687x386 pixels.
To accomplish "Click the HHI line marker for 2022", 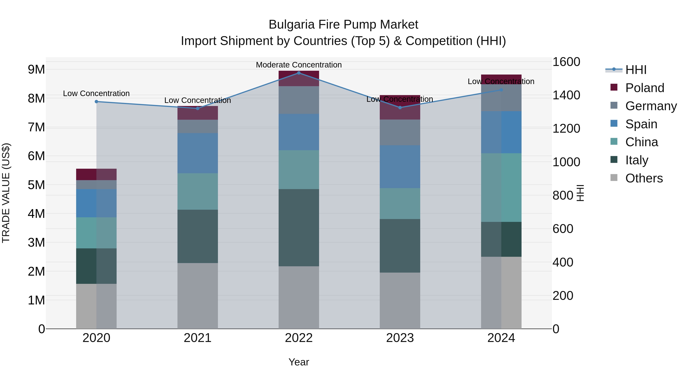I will [x=299, y=73].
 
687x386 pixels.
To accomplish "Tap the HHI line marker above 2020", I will [x=97, y=101].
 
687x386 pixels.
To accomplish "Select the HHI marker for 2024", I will [x=501, y=90].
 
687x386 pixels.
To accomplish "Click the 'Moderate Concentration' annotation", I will [x=299, y=65].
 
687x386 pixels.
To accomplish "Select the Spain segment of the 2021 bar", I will [x=198, y=153].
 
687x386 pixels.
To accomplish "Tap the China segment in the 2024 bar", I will [x=501, y=188].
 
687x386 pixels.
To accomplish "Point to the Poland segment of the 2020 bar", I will [x=96, y=174].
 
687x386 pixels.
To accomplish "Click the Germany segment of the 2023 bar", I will [x=400, y=132].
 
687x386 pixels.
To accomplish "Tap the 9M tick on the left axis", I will [x=36, y=70].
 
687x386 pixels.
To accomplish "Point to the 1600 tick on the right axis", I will [x=566, y=62].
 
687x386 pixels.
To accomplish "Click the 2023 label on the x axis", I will [x=400, y=338].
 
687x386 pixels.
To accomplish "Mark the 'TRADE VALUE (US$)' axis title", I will [x=6, y=193].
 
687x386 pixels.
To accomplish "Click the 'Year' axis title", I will [x=299, y=362].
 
